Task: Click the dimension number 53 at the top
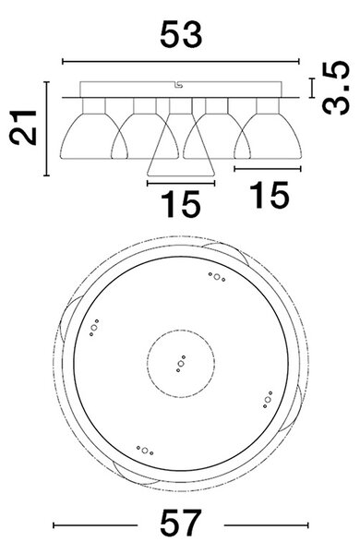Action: (x=181, y=35)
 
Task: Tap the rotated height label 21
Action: (x=23, y=127)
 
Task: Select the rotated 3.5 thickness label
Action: (x=336, y=88)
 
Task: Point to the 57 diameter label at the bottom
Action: (x=181, y=523)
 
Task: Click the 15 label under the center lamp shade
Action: (x=181, y=204)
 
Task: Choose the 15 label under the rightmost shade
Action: (x=270, y=195)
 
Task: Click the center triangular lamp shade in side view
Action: (x=181, y=145)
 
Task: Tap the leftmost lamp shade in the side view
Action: (x=93, y=136)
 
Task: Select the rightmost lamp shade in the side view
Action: (x=268, y=136)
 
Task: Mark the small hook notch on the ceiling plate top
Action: (x=178, y=85)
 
